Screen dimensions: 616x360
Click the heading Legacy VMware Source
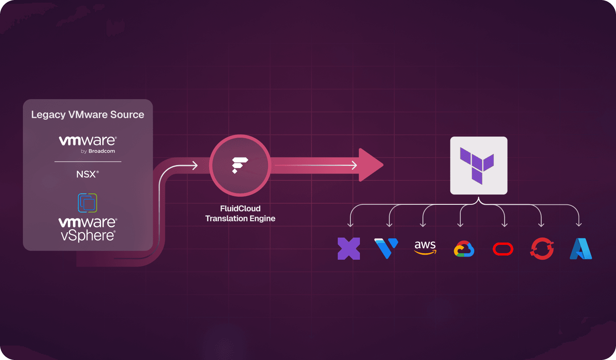coord(87,115)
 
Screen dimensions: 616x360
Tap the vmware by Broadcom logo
coord(88,144)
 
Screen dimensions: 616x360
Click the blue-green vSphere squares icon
coord(87,203)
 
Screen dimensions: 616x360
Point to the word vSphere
coord(88,236)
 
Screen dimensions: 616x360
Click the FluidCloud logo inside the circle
coord(240,165)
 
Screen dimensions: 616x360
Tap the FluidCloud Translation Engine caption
coord(240,214)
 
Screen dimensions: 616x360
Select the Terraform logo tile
coord(479,166)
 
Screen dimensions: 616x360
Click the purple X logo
coord(349,249)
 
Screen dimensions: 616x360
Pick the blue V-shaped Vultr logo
coord(386,248)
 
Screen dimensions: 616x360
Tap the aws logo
coord(425,247)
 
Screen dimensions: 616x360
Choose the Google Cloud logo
coord(464,249)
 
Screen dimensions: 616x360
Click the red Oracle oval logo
coord(503,249)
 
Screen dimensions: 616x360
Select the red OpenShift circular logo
coord(542,249)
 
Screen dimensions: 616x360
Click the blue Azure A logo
coord(581,249)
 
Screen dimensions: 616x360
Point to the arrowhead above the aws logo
coord(423,225)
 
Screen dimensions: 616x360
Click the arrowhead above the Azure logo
coord(579,224)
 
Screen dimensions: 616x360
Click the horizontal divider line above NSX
coord(88,162)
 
